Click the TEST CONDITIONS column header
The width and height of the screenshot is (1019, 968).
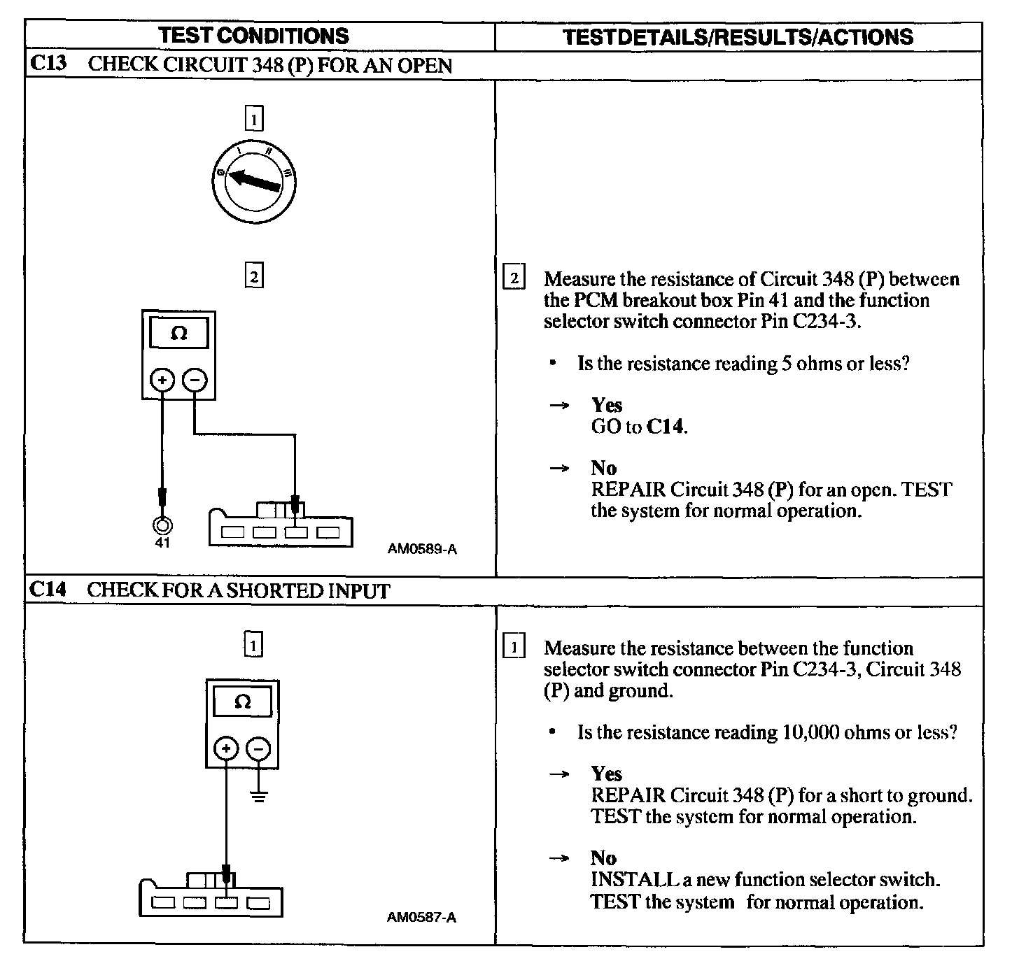(253, 36)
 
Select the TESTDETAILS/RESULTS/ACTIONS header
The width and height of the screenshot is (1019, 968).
(738, 36)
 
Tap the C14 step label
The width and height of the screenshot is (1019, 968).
(48, 590)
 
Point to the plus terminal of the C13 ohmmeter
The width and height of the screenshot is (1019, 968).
(162, 380)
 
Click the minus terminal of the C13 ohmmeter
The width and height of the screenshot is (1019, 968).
(195, 380)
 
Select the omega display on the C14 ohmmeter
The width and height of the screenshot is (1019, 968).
(242, 702)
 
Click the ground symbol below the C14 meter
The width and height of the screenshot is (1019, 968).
(259, 795)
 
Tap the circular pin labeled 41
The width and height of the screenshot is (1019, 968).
(162, 525)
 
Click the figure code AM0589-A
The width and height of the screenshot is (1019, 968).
(422, 549)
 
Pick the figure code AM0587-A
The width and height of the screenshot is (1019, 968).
(421, 917)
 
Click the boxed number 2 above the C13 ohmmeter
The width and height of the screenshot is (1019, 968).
(253, 278)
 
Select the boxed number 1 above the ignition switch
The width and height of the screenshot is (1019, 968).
(253, 120)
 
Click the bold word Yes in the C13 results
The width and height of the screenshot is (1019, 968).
(607, 405)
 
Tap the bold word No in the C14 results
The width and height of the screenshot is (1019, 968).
(603, 858)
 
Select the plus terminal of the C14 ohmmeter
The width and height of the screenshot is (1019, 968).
(226, 749)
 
